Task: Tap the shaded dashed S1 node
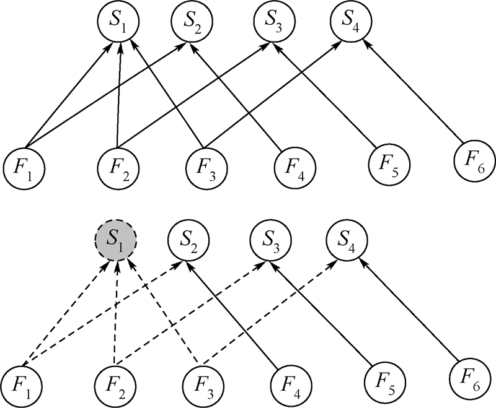click(x=115, y=239)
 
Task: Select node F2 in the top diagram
click(x=118, y=165)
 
